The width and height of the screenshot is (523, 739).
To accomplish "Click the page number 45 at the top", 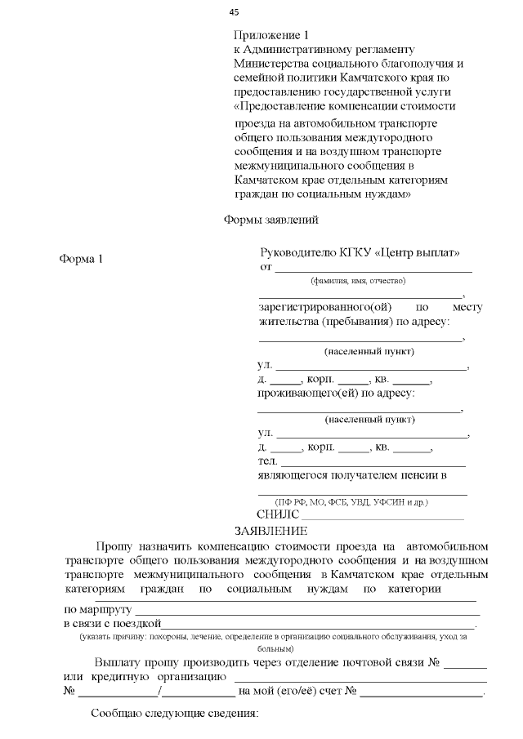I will pyautogui.click(x=235, y=12).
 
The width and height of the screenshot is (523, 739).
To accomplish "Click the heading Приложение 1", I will pyautogui.click(x=271, y=36).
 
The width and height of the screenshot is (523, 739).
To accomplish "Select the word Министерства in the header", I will pyautogui.click(x=273, y=64).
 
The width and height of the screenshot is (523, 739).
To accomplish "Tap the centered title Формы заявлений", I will pyautogui.click(x=270, y=220).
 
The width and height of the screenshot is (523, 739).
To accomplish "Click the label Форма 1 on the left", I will pyautogui.click(x=82, y=260).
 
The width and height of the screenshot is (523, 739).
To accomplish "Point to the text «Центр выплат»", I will pyautogui.click(x=418, y=252).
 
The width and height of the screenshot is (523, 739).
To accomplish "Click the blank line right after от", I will pyautogui.click(x=373, y=268).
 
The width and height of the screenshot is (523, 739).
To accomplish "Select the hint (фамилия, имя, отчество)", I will pyautogui.click(x=358, y=280).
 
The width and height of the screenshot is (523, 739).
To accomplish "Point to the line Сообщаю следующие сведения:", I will pyautogui.click(x=174, y=715).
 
